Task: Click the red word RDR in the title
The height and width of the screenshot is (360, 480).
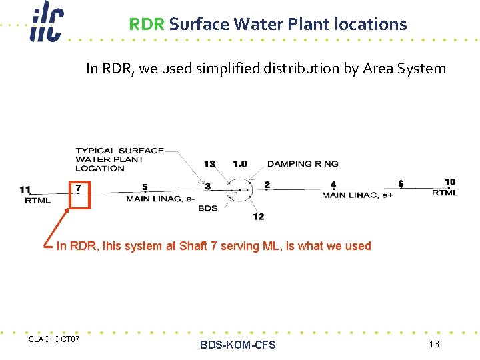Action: pyautogui.click(x=147, y=25)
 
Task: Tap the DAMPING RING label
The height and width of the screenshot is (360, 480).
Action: pyautogui.click(x=303, y=163)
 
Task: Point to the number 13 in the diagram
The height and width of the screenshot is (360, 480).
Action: pyautogui.click(x=209, y=164)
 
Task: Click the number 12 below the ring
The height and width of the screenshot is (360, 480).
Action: pyautogui.click(x=259, y=216)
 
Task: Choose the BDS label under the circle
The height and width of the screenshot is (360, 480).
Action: pyautogui.click(x=208, y=208)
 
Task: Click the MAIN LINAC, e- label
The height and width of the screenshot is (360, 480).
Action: pyautogui.click(x=161, y=199)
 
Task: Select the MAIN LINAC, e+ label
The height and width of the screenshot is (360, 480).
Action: pyautogui.click(x=357, y=195)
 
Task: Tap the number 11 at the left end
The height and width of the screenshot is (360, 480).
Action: pyautogui.click(x=25, y=189)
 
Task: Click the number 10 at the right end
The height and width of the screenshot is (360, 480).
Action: pyautogui.click(x=450, y=181)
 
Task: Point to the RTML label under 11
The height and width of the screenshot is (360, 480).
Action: pyautogui.click(x=37, y=200)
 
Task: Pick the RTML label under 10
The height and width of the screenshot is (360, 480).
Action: pyautogui.click(x=445, y=192)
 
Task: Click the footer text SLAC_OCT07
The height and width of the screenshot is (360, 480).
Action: pyautogui.click(x=54, y=340)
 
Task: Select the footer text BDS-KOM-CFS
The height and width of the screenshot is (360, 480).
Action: pyautogui.click(x=237, y=345)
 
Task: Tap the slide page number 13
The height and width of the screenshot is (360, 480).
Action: pyautogui.click(x=434, y=344)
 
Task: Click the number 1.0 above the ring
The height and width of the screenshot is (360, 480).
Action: pyautogui.click(x=239, y=164)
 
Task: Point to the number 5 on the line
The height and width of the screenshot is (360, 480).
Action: pyautogui.click(x=145, y=187)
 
